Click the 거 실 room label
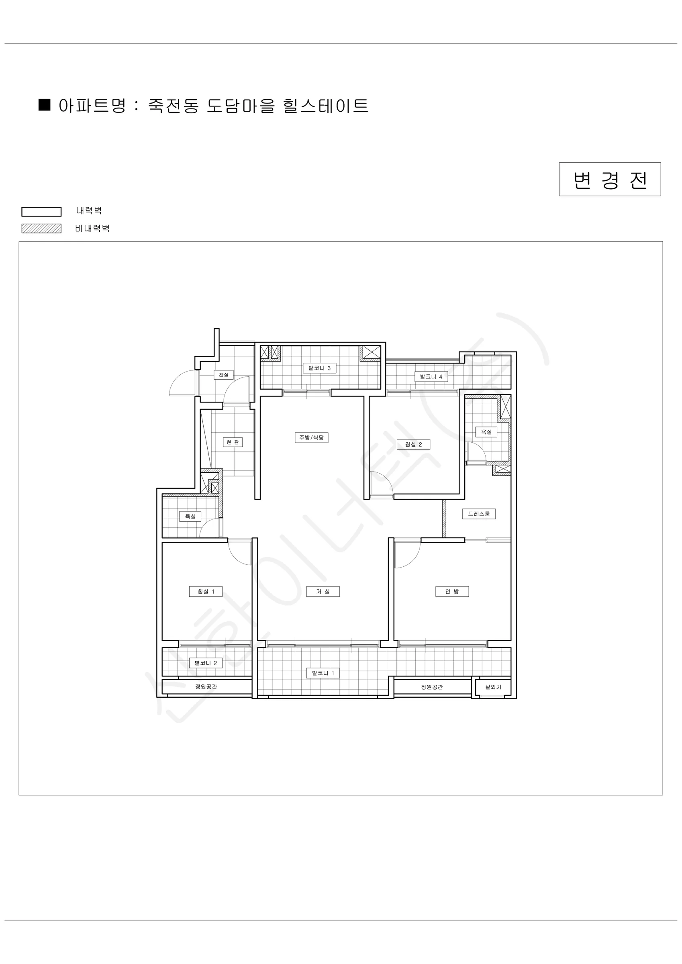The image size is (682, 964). pyautogui.click(x=323, y=592)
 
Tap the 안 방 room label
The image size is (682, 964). pyautogui.click(x=452, y=592)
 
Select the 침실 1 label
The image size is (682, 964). pyautogui.click(x=206, y=592)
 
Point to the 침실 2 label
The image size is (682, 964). pyautogui.click(x=413, y=444)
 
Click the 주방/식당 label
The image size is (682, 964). pyautogui.click(x=311, y=437)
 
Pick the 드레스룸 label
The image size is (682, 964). pyautogui.click(x=479, y=513)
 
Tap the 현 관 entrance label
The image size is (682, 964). pyautogui.click(x=233, y=442)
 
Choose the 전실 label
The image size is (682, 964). pyautogui.click(x=223, y=374)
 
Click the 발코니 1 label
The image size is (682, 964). pyautogui.click(x=323, y=673)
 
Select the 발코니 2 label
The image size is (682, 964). pyautogui.click(x=206, y=663)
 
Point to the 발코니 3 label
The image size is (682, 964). pyautogui.click(x=319, y=368)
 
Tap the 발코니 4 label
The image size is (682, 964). pyautogui.click(x=431, y=377)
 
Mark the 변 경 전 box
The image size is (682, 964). pyautogui.click(x=610, y=179)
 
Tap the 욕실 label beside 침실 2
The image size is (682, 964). pyautogui.click(x=486, y=432)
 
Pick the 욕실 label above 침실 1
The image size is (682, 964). pyautogui.click(x=190, y=516)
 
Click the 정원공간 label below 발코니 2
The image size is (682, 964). pyautogui.click(x=206, y=686)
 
